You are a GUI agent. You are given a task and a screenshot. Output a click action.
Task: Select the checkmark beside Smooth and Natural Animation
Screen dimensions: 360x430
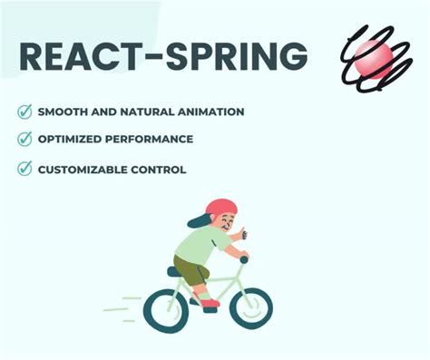pos(24,112)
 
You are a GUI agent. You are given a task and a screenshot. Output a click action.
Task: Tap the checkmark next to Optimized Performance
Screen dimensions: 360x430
pos(24,140)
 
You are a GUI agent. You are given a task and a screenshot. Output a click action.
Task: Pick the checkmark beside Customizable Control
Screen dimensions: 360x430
pos(24,169)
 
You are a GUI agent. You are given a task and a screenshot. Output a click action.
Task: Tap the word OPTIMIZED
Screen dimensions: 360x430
pos(69,140)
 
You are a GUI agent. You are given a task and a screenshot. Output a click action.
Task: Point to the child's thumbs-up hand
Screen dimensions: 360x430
pos(240,235)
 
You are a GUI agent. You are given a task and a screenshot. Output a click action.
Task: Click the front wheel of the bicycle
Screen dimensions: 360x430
pos(249,308)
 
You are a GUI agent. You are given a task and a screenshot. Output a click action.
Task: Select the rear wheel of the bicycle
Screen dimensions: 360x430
pos(166,310)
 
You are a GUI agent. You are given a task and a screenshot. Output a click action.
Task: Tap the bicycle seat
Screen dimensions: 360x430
pos(175,270)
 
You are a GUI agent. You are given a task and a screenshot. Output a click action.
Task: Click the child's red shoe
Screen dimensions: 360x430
pos(209,302)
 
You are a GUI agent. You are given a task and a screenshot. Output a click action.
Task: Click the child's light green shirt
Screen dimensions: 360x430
pos(202,243)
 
